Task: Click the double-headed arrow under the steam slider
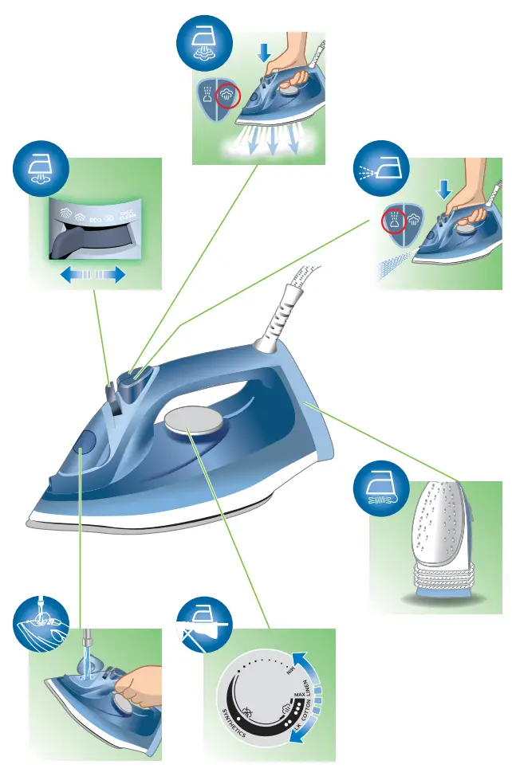[93, 275]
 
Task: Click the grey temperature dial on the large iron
[189, 422]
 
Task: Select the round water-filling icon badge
[40, 622]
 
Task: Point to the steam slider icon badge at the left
[41, 168]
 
